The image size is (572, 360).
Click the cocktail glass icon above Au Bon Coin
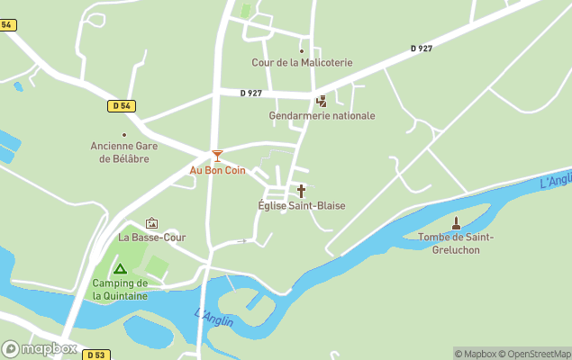click(216, 156)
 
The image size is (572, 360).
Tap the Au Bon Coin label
click(217, 170)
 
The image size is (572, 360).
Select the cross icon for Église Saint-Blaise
click(301, 191)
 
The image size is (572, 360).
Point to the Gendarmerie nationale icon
click(322, 101)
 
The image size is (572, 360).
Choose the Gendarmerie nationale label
click(322, 116)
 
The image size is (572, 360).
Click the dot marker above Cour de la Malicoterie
click(302, 50)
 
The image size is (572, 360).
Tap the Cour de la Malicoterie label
click(302, 63)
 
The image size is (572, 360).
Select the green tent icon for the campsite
click(120, 268)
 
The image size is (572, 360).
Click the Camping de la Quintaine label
click(120, 289)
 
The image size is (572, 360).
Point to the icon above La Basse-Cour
click(151, 223)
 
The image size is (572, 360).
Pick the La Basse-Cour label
click(151, 238)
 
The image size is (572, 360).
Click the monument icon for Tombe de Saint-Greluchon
click(456, 222)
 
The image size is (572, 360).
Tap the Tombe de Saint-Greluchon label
click(456, 243)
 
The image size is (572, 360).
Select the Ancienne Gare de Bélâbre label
click(120, 153)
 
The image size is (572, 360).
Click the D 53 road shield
click(95, 355)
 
